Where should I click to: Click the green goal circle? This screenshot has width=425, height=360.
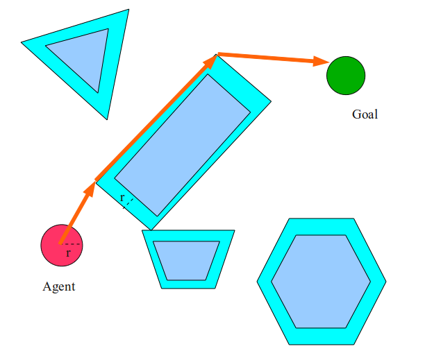(346, 76)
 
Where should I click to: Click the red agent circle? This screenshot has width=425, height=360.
(62, 246)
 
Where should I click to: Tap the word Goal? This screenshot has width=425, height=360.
(365, 114)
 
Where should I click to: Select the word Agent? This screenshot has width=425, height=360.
(59, 287)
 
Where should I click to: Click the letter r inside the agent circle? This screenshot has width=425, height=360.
(68, 253)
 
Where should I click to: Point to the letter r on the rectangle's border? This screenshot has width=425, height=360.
(122, 198)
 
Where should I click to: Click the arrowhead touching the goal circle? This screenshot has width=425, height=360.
(322, 62)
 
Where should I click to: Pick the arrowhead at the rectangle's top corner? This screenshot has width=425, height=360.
(210, 61)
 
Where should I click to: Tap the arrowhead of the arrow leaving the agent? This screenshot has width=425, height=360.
(90, 189)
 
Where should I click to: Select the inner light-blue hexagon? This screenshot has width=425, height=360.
(321, 282)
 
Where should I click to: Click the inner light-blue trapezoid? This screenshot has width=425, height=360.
(187, 260)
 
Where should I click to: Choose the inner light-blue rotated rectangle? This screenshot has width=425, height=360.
(183, 145)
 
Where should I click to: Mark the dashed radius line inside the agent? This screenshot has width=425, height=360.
(71, 244)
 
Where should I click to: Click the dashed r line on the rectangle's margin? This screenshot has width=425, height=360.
(128, 203)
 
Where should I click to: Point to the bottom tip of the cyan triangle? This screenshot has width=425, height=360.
(107, 119)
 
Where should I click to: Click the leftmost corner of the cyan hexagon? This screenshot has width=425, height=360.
(257, 282)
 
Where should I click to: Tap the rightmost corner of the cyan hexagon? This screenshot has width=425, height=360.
(386, 282)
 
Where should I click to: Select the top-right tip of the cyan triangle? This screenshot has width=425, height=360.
(128, 10)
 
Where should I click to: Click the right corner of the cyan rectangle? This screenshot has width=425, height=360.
(271, 101)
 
